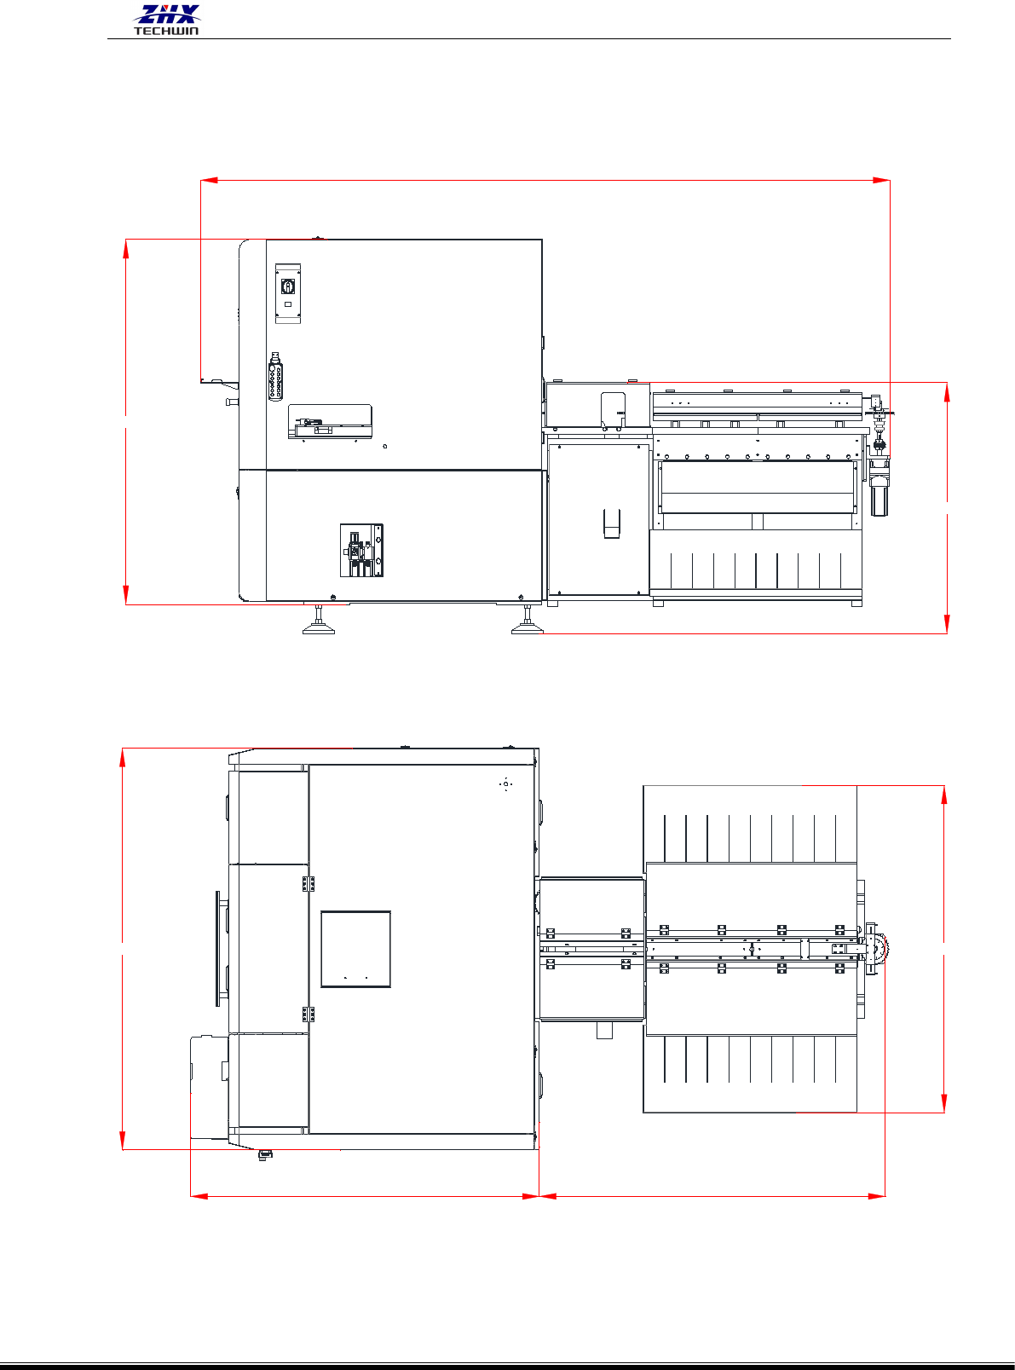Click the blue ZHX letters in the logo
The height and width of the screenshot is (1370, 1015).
click(167, 14)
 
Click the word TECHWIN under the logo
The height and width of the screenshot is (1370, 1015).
click(167, 31)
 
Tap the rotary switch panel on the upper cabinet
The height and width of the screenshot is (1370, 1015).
click(288, 293)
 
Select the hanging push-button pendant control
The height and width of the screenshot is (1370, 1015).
click(276, 376)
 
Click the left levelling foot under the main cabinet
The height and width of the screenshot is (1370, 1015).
click(319, 620)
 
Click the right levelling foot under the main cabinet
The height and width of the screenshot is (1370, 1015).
click(528, 620)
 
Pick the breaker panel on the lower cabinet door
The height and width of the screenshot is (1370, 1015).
click(362, 551)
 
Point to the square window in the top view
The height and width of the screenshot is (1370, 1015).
click(355, 949)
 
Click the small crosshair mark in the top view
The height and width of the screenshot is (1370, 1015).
click(505, 784)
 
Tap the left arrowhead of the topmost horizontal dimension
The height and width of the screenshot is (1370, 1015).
click(209, 181)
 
